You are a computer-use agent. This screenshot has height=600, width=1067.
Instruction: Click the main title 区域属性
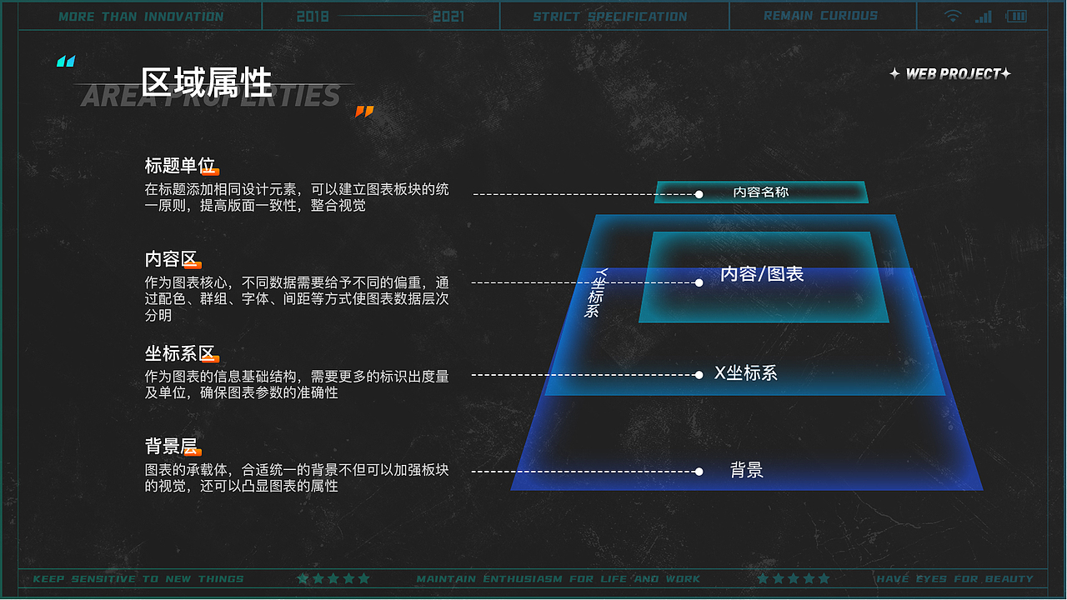pyautogui.click(x=206, y=82)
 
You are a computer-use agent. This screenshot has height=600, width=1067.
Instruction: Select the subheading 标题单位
pyautogui.click(x=179, y=166)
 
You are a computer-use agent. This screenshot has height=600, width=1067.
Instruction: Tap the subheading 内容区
pyautogui.click(x=171, y=259)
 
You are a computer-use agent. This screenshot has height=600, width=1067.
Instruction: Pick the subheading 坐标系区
pyautogui.click(x=180, y=353)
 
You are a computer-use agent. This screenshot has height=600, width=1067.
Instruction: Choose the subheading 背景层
pyautogui.click(x=171, y=446)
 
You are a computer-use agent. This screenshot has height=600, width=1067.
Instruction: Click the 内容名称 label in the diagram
pyautogui.click(x=760, y=192)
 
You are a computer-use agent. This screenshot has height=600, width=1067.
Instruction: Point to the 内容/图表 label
pyautogui.click(x=761, y=273)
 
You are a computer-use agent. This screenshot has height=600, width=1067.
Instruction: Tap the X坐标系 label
pyautogui.click(x=746, y=373)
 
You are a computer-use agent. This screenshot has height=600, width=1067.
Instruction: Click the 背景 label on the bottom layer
pyautogui.click(x=746, y=470)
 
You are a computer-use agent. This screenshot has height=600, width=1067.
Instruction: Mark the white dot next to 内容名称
pyautogui.click(x=699, y=194)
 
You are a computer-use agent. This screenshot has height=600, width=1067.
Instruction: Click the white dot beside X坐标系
pyautogui.click(x=699, y=375)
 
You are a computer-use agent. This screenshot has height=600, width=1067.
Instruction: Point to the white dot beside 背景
pyautogui.click(x=699, y=472)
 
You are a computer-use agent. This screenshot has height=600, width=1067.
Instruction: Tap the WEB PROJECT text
pyautogui.click(x=951, y=74)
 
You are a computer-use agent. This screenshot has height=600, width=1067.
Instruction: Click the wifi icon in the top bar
pyautogui.click(x=953, y=16)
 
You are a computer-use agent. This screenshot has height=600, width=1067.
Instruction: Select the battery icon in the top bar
pyautogui.click(x=1016, y=16)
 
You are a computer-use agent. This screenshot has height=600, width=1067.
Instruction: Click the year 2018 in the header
pyautogui.click(x=313, y=16)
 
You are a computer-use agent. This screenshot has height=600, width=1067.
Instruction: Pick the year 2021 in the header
pyautogui.click(x=448, y=16)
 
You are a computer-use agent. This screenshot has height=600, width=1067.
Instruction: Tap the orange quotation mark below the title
pyautogui.click(x=364, y=112)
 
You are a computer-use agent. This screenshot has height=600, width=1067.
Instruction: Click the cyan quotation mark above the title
pyautogui.click(x=66, y=62)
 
